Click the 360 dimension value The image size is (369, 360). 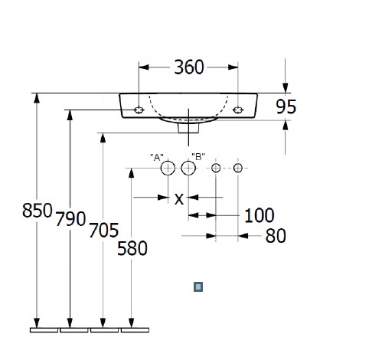pos(189,67)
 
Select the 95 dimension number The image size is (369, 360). pos(286,106)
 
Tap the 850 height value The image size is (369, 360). pos(38,211)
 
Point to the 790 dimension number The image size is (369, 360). pos(70,219)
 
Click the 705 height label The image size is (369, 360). pos(104,230)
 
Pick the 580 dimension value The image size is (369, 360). pos(132,248)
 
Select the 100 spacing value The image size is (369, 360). pos(260,215)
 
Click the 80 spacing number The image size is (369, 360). pos(276,236)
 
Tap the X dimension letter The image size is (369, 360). pos(179,199)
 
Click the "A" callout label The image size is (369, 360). pos(157,158)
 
